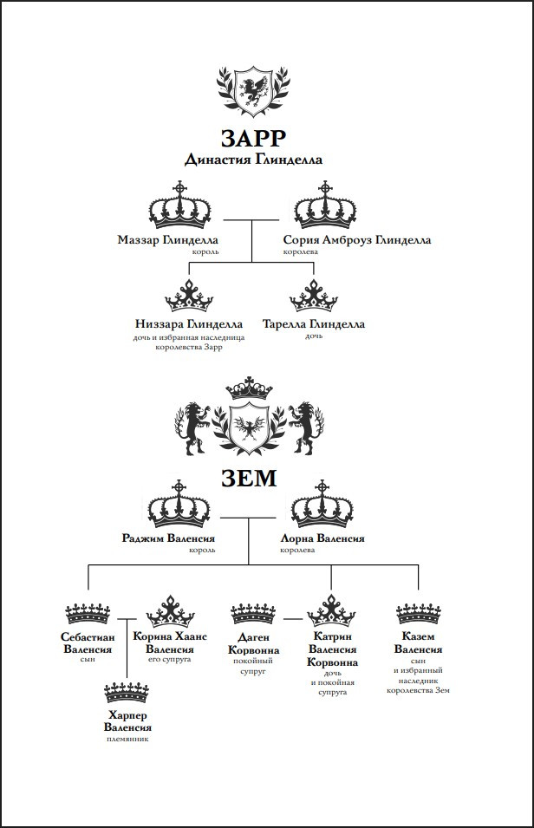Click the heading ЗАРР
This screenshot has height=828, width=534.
coord(253,139)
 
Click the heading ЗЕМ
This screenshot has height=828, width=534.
coord(249,478)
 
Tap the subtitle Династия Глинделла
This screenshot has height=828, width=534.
coord(253,160)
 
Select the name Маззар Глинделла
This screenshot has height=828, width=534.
coord(167,240)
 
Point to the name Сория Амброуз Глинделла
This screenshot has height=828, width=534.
coord(357,240)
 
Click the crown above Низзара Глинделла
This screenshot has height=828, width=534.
coord(189,296)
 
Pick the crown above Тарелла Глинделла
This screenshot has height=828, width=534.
coord(314,296)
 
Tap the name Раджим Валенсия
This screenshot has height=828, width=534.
coord(168,538)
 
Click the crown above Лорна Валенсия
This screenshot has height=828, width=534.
coord(322,504)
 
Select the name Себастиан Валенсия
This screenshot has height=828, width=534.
coord(88,642)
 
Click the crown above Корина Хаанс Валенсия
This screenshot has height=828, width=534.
coord(170,611)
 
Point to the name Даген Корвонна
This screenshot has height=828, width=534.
coord(253,643)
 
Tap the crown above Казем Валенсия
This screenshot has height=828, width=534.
coord(419,613)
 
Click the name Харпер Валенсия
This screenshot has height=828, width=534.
coord(127,721)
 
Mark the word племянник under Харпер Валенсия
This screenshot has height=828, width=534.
coord(127,739)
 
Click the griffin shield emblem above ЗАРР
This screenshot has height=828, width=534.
coord(253,90)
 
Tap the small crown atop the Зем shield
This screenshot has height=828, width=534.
coord(249,388)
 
